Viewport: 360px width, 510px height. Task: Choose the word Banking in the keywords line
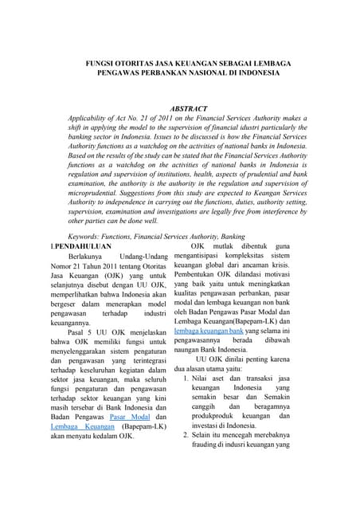[x=222, y=237]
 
